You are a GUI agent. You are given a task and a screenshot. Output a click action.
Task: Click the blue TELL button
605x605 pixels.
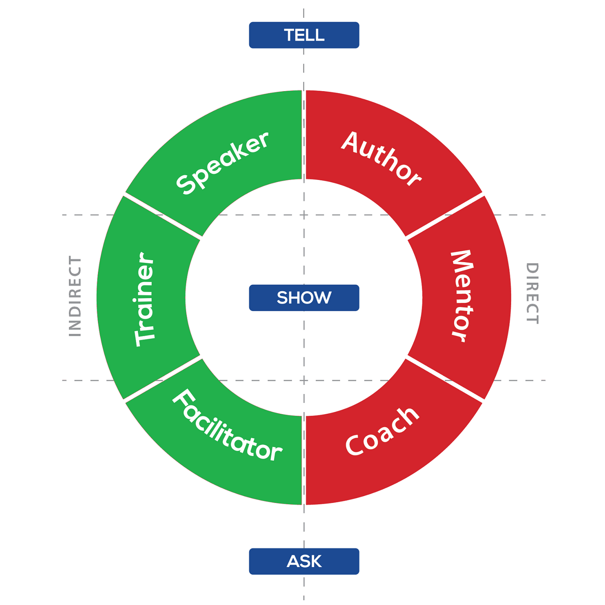[304, 35]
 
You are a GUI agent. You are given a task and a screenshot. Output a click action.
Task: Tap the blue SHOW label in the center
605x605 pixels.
[304, 298]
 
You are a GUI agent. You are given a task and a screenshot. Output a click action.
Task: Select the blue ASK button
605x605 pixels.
[304, 561]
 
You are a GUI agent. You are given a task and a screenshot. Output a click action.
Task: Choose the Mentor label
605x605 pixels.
[462, 296]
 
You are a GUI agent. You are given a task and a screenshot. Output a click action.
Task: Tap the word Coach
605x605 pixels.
[382, 431]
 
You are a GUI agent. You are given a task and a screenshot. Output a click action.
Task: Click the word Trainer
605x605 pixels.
[145, 299]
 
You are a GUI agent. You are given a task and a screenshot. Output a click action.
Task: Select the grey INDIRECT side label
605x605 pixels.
[75, 296]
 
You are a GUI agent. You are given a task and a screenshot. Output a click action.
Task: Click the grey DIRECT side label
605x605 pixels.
[532, 293]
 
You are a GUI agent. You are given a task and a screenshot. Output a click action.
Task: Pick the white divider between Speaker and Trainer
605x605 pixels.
[163, 216]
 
